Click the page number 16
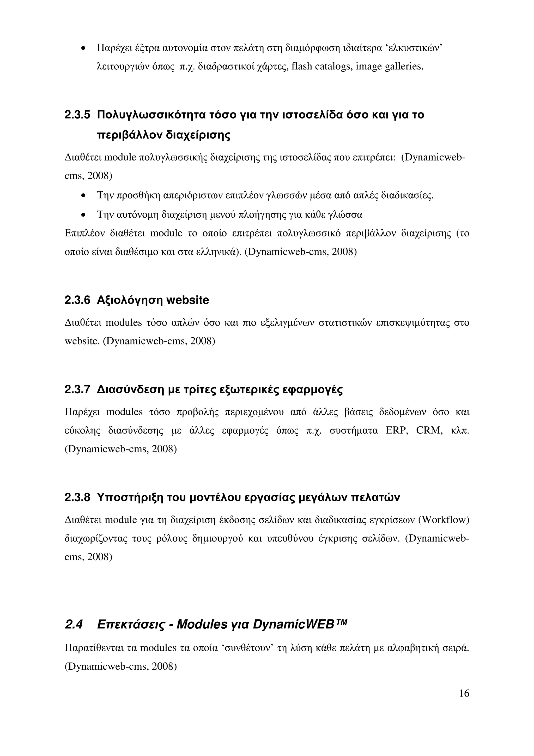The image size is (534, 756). [464, 693]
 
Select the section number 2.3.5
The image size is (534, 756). [77, 115]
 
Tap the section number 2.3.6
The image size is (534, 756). [77, 300]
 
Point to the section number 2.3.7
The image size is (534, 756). [77, 390]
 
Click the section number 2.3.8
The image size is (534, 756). [77, 498]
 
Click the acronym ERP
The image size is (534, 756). [397, 431]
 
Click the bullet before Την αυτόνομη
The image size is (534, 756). [84, 215]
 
